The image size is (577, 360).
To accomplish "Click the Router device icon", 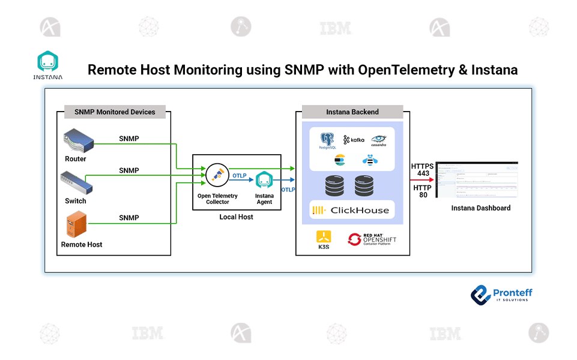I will [x=78, y=142].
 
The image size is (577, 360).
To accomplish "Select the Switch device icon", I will [x=76, y=182].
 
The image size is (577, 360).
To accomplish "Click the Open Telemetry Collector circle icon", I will [x=216, y=175].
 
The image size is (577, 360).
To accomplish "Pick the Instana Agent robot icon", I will [x=264, y=181].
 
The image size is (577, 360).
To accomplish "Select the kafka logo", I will [x=354, y=140].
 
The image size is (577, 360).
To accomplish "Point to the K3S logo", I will [x=324, y=238].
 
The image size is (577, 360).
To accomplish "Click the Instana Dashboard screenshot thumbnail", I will [x=477, y=179].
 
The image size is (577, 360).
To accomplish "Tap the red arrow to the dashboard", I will [x=423, y=179].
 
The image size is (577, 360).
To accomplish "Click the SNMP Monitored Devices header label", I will [x=115, y=112].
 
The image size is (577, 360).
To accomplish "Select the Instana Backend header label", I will [x=352, y=112].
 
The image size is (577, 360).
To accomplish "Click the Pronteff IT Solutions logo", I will [x=501, y=295].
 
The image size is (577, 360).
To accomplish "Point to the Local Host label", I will [x=236, y=217].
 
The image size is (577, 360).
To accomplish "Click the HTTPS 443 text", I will [x=422, y=170].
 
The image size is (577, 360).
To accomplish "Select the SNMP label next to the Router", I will [x=128, y=139].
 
